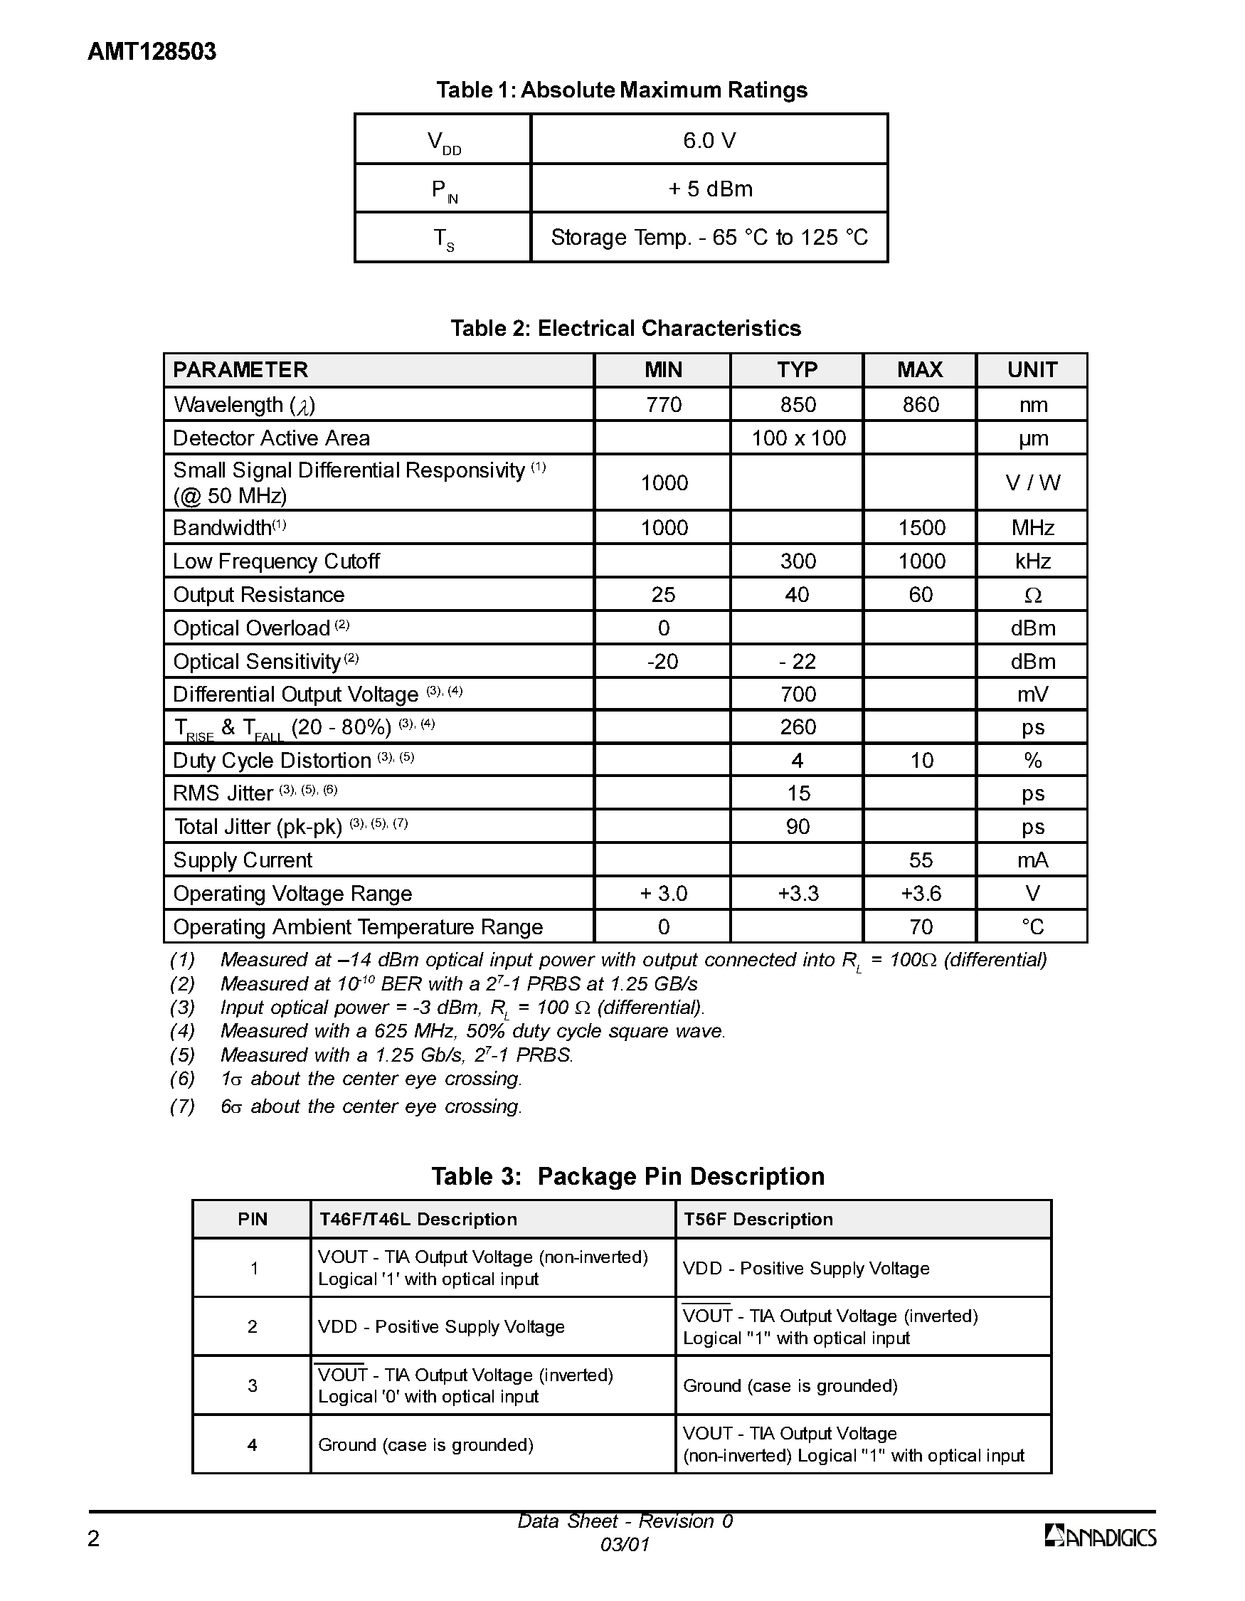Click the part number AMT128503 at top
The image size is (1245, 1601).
(x=152, y=52)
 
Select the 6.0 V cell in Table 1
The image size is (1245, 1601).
(x=709, y=140)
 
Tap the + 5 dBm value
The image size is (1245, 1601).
(x=709, y=189)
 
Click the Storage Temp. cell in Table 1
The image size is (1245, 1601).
(x=709, y=238)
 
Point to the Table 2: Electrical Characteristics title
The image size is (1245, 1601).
(x=625, y=328)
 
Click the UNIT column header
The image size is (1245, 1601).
(x=1032, y=369)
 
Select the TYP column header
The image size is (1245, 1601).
(x=797, y=369)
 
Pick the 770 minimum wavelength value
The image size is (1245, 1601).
(x=663, y=405)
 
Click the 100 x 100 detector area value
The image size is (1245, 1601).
(x=798, y=438)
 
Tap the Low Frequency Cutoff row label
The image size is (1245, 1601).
(x=276, y=561)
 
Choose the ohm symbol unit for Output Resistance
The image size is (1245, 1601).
(x=1032, y=596)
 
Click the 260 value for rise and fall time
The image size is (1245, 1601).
(x=798, y=727)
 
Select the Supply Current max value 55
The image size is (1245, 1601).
(x=921, y=860)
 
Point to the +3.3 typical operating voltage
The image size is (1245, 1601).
(x=798, y=894)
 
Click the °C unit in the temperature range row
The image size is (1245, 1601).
(x=1032, y=927)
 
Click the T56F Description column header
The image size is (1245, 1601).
(x=758, y=1219)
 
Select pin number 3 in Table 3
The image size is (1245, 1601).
(x=252, y=1385)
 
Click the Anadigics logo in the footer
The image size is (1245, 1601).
(x=1100, y=1536)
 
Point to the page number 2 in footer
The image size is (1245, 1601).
(x=94, y=1538)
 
